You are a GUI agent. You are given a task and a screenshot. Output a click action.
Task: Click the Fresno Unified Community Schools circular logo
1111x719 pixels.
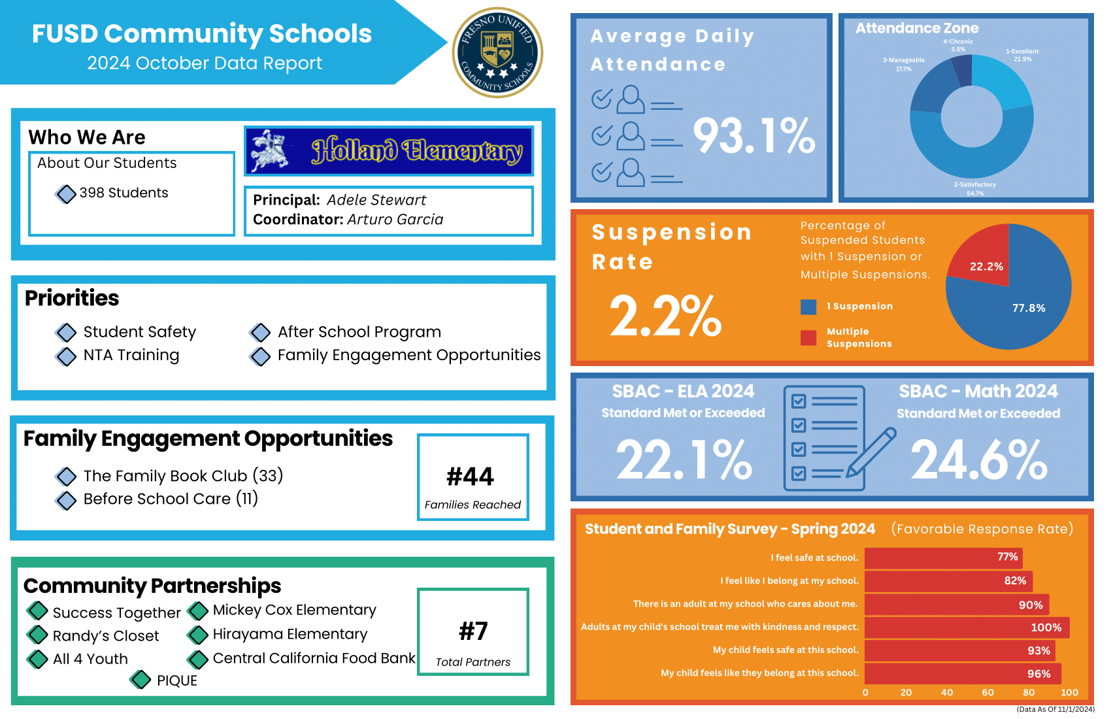coord(497,52)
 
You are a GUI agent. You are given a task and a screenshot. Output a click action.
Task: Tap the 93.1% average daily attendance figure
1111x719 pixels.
coord(754,136)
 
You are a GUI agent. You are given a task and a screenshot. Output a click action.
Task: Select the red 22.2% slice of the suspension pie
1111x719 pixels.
coord(984,258)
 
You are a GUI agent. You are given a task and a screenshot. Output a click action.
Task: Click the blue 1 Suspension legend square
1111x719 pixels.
coord(808,307)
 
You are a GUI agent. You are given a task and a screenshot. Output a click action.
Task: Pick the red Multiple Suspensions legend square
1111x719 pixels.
coord(808,337)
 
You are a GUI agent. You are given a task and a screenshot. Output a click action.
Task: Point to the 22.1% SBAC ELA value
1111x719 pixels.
coord(684,460)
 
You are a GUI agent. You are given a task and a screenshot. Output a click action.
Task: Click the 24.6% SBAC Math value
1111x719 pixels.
coord(978,460)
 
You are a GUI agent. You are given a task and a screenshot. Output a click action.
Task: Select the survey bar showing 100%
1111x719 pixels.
coord(967,627)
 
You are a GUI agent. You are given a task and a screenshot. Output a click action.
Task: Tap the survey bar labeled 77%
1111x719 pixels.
coord(943,558)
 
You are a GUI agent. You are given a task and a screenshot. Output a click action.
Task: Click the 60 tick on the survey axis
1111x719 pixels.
coord(987,693)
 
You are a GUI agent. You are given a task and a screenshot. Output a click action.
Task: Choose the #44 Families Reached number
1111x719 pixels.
coord(471,477)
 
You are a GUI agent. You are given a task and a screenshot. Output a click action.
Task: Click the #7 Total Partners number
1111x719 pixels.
coord(473,631)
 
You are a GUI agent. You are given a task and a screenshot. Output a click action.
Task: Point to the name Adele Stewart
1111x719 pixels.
coord(376,200)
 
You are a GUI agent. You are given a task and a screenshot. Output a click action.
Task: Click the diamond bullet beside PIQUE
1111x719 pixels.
coord(141,680)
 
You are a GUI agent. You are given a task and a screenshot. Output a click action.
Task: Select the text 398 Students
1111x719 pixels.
coord(124,193)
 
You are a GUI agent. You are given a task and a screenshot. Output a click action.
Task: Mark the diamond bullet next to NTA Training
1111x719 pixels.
coord(66,356)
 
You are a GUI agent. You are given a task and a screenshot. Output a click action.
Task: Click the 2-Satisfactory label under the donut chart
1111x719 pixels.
coord(975,185)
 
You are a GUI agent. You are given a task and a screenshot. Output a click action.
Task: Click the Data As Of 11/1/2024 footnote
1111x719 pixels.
coord(1055,709)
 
